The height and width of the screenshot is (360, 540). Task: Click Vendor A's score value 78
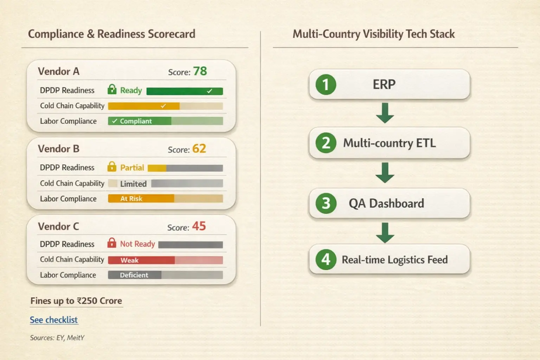(200, 71)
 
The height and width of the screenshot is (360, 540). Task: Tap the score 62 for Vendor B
(199, 149)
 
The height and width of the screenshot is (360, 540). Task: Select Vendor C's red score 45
(199, 226)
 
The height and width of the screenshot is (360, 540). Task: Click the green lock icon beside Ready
(112, 90)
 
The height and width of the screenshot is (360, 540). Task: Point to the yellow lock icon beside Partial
(112, 167)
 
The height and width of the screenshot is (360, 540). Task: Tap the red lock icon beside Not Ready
(112, 243)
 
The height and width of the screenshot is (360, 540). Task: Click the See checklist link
(54, 320)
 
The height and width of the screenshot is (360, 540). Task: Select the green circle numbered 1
(326, 85)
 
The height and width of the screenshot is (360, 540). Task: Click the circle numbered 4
(326, 260)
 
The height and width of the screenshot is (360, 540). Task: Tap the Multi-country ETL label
(389, 143)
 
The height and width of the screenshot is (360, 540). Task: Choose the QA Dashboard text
(386, 204)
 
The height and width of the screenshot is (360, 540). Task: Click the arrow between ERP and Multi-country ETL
(385, 113)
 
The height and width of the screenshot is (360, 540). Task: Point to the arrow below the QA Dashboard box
(385, 232)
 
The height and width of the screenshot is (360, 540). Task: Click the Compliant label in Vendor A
(135, 121)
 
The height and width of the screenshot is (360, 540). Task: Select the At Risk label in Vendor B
(131, 199)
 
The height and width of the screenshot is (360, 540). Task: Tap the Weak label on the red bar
(129, 261)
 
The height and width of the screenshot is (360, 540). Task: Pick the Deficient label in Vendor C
(134, 275)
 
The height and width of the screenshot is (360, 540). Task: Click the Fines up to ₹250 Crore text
(76, 301)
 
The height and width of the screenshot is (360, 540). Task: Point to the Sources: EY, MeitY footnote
(57, 338)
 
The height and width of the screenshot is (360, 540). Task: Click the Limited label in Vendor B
(133, 184)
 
